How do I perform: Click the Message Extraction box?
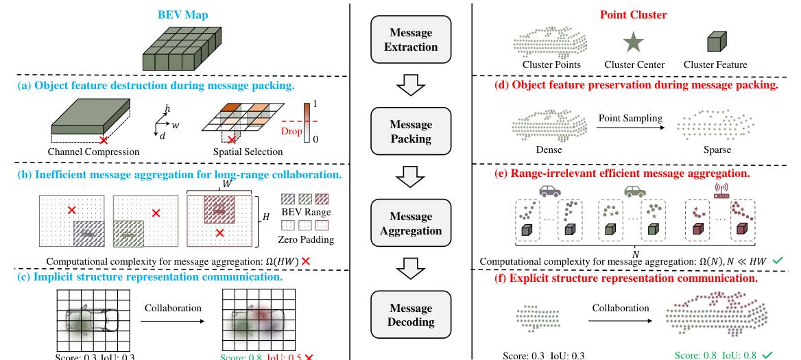(x=411, y=40)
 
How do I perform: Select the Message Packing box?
(x=411, y=132)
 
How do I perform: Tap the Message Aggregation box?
(x=411, y=224)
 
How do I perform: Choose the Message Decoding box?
(x=411, y=315)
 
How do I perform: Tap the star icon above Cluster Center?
(x=634, y=43)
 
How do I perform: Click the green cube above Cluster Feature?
(x=717, y=44)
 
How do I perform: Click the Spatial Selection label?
(x=238, y=152)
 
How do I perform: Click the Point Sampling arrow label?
(x=630, y=118)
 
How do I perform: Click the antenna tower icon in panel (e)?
(x=721, y=189)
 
